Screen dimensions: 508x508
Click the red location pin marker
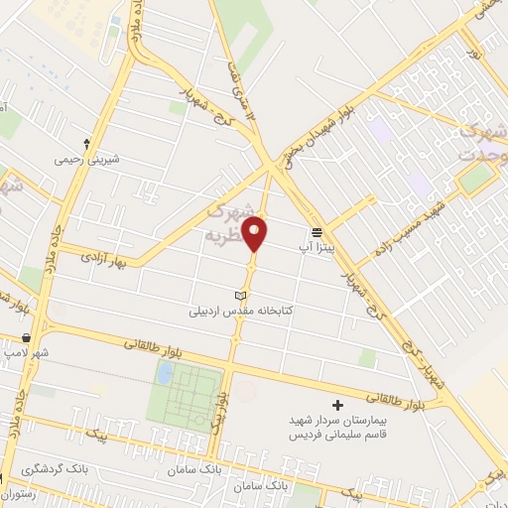tap(257, 232)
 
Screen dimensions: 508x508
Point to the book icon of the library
tap(238, 296)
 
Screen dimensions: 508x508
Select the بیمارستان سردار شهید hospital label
tap(336, 421)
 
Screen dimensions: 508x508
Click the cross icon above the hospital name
tap(337, 405)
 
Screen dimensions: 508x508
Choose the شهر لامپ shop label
tap(26, 352)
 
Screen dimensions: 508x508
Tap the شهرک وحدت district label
tap(480, 145)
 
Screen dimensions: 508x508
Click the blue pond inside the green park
tap(165, 373)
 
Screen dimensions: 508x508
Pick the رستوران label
tap(19, 493)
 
